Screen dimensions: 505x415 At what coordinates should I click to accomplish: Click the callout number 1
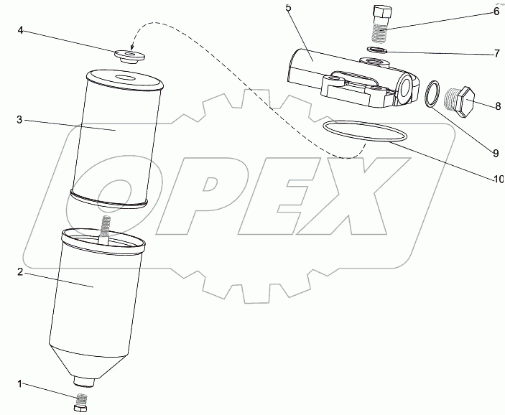pos(19,384)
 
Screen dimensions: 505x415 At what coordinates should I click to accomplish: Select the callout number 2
pos(20,272)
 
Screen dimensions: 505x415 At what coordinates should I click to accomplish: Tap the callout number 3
pos(20,120)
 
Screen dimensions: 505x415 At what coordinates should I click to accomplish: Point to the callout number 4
pos(20,31)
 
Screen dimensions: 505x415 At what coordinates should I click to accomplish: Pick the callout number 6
pos(496,11)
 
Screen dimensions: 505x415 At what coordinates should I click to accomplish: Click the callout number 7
pos(497,53)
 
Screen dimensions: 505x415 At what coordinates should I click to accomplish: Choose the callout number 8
pos(498,106)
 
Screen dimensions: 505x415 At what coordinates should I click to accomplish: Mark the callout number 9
pos(496,154)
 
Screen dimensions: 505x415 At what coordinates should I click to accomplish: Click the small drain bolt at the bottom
pos(81,403)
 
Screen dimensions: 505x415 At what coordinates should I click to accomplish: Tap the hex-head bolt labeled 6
pos(382,23)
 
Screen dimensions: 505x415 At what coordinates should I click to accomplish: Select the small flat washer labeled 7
pos(377,50)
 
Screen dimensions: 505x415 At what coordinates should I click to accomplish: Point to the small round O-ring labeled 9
pos(432,93)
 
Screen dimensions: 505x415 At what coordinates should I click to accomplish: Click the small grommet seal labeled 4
pos(129,56)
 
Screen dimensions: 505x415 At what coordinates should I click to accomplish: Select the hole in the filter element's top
pos(126,78)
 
